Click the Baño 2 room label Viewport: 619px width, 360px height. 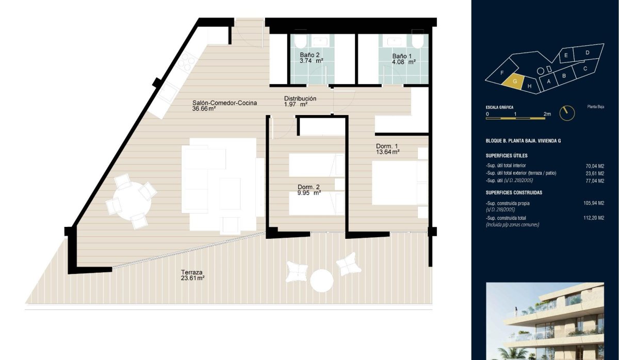coord(309,55)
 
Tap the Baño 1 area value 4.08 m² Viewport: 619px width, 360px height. coord(404,62)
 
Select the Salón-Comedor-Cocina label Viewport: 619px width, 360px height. coord(224,103)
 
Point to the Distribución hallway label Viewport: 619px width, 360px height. coord(300,99)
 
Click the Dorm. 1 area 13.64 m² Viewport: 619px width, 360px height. coord(388,152)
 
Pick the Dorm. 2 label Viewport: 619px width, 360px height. coord(308,187)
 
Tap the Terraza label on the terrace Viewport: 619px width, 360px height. coord(191,272)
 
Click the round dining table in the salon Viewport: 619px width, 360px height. coord(132,201)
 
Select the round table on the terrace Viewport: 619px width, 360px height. coord(322,281)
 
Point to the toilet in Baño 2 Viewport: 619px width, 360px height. coord(300,40)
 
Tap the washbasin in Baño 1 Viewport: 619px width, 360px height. coord(394,41)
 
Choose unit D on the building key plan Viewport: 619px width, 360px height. coord(588,52)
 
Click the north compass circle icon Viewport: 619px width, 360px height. coord(567,113)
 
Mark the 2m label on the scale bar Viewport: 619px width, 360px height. coord(547,114)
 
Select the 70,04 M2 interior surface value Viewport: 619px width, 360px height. coord(595,166)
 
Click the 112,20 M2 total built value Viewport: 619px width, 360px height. coord(594,218)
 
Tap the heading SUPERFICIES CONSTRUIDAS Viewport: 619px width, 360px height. coord(514,192)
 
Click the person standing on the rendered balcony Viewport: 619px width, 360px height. coord(516,312)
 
